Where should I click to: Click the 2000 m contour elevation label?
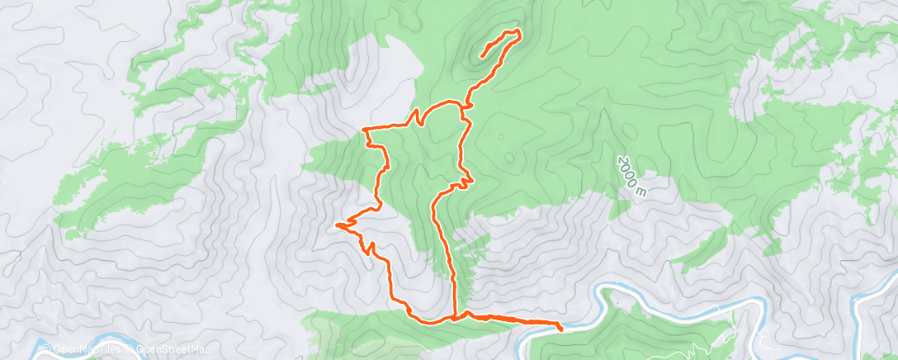[629, 176]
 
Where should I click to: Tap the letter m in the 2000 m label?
[638, 192]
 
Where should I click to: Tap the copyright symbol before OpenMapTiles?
[43, 349]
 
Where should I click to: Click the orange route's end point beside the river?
[561, 329]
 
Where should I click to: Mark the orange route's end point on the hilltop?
[480, 56]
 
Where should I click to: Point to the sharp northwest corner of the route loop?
[365, 130]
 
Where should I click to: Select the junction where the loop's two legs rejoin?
[455, 316]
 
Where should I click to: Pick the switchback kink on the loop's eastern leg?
[469, 177]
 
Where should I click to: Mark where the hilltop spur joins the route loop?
[466, 105]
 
